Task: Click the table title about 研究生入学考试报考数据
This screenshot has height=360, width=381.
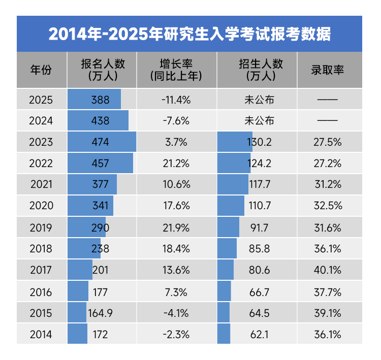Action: (189, 34)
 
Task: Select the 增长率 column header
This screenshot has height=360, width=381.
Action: (176, 70)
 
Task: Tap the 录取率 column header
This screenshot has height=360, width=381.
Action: (328, 70)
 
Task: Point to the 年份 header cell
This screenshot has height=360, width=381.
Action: (41, 70)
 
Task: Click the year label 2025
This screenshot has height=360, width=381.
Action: (41, 100)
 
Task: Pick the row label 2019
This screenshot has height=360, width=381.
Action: (41, 227)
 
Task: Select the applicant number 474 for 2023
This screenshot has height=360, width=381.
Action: (100, 142)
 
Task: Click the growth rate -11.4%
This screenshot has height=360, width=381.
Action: (176, 100)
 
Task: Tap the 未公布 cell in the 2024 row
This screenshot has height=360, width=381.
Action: (260, 121)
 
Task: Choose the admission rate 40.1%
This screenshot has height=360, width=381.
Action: (328, 270)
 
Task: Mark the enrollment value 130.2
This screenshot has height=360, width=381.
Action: (260, 142)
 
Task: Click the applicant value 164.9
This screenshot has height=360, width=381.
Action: (100, 313)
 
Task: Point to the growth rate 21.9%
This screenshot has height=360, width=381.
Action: (176, 227)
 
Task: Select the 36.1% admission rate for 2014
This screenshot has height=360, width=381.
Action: (328, 334)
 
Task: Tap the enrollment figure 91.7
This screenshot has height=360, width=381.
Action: (260, 227)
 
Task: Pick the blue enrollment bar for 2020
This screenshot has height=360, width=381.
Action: (230, 206)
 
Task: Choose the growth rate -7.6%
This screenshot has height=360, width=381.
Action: (176, 121)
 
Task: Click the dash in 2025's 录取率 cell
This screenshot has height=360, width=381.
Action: (328, 100)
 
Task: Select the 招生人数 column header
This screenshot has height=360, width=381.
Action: (260, 70)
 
